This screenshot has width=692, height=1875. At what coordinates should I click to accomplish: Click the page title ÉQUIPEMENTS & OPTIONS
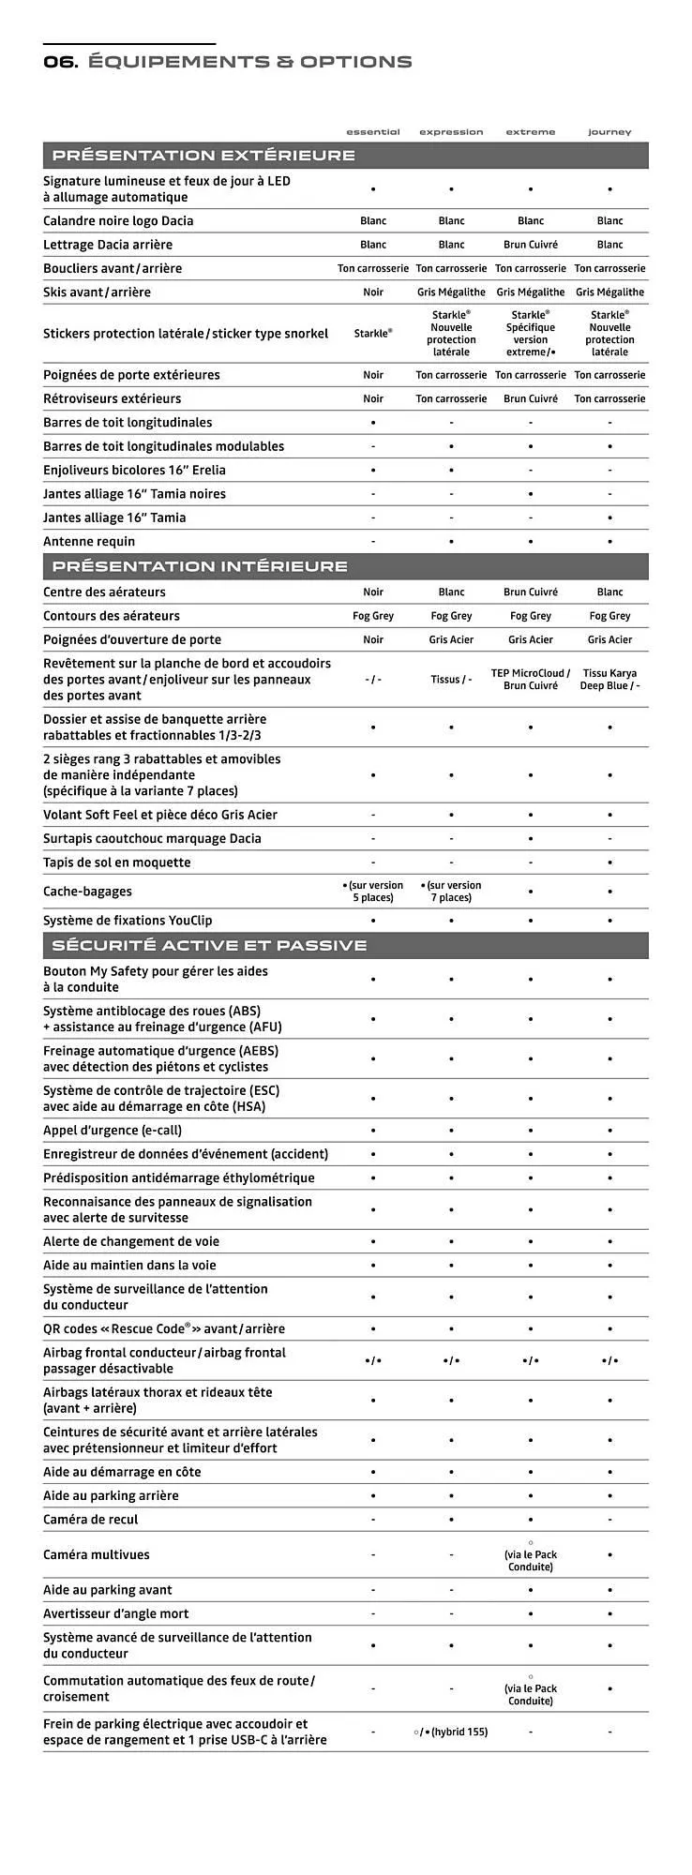[x=249, y=62]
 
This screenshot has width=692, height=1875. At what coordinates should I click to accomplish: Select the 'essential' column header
[x=373, y=132]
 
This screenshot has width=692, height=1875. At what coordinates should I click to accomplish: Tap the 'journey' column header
[x=609, y=132]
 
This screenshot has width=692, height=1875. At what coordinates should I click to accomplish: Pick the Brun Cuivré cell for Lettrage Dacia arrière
[x=531, y=245]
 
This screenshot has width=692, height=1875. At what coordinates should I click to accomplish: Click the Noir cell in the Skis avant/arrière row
[x=373, y=292]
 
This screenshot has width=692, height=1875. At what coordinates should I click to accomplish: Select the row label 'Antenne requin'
[x=89, y=542]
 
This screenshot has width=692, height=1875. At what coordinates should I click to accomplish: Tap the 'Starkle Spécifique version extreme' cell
[x=531, y=334]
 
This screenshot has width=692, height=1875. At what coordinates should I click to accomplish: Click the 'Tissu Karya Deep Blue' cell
[x=609, y=680]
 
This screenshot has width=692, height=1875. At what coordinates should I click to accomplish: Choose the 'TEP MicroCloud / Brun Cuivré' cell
[x=531, y=680]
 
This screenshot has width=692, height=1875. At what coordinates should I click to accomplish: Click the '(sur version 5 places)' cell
[x=373, y=892]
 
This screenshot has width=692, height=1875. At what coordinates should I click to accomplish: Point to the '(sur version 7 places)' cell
[x=451, y=892]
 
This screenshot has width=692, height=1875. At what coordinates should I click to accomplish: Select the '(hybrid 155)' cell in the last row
[x=451, y=1732]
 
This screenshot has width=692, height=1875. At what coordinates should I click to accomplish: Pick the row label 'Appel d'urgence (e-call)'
[x=113, y=1131]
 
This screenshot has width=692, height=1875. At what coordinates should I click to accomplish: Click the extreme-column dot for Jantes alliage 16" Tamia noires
[x=531, y=494]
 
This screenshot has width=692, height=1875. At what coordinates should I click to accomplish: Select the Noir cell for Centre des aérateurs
[x=373, y=592]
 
